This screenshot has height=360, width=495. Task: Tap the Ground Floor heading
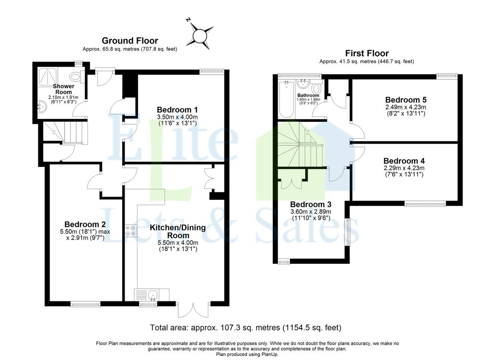(x=130, y=41)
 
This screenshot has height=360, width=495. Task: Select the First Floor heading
(x=367, y=53)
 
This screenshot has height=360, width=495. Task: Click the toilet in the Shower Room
(x=77, y=76)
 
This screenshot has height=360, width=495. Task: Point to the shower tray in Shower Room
(x=48, y=76)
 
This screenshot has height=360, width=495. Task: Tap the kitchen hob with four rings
(x=131, y=231)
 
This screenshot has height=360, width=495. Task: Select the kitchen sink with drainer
(x=151, y=295)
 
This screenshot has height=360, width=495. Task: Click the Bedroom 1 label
(x=177, y=110)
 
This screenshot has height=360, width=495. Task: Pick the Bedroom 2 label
(x=85, y=224)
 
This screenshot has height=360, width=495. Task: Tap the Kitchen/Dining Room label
(x=178, y=231)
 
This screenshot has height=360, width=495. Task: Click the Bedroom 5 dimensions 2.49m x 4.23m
(x=406, y=107)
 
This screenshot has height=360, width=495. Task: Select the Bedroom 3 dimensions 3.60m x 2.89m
(x=311, y=211)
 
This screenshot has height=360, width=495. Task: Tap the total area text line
(x=246, y=327)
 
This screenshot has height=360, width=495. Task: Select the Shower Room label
(x=64, y=89)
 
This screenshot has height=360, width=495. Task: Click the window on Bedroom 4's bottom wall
(x=425, y=204)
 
